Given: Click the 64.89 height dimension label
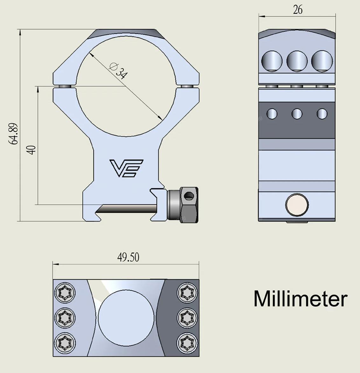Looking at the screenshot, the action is [x=13, y=134].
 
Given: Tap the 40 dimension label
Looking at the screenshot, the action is [x=31, y=150].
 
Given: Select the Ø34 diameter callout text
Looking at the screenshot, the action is [x=118, y=70].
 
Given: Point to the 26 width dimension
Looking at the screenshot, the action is [x=297, y=10].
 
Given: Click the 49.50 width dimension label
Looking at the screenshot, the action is [x=128, y=257].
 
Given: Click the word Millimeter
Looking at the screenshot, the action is [x=301, y=299].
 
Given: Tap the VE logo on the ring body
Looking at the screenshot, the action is [x=126, y=168].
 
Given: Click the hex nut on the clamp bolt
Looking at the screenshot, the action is [x=189, y=205].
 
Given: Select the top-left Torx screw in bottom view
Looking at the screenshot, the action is [x=65, y=293].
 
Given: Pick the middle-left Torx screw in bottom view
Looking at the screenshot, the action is [x=65, y=318].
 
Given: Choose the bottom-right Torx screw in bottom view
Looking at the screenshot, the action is [x=187, y=343].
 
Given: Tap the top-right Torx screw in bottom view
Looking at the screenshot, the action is [x=187, y=293].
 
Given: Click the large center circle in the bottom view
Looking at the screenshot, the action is [x=126, y=318].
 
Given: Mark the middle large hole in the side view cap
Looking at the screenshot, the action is [x=297, y=61].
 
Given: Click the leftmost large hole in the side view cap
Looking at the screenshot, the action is [x=272, y=61].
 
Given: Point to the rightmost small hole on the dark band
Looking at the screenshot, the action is [x=322, y=114].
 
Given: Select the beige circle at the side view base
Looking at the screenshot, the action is [x=297, y=205].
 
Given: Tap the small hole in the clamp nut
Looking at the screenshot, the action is [x=189, y=195].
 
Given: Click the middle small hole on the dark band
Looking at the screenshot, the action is [x=297, y=114].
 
